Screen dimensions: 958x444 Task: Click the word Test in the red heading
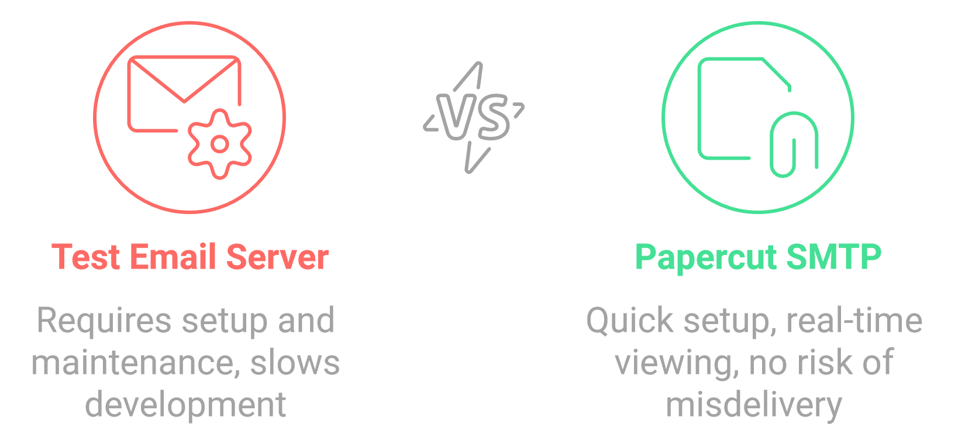86,257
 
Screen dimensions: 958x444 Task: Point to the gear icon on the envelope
220,144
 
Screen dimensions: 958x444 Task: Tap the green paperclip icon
794,144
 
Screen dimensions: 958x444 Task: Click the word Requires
104,321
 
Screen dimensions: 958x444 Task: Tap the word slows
295,363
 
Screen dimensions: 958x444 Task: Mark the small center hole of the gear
220,144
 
